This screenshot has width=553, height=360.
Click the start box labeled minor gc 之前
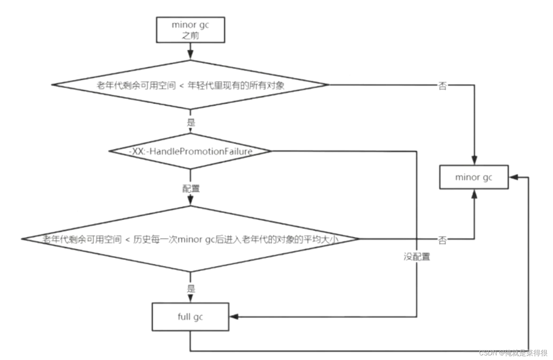190,30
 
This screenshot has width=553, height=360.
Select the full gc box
190,316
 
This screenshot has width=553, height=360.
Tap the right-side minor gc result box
473,177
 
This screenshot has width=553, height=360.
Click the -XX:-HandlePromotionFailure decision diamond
190,151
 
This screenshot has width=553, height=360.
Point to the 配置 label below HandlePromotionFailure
191,188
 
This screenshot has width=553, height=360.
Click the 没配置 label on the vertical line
417,257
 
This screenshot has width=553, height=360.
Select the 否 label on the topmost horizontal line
442,86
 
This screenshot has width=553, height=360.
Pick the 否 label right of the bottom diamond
442,240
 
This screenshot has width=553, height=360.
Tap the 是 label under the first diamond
191,123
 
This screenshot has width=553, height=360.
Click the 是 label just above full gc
191,288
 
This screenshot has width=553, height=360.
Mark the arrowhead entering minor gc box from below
474,194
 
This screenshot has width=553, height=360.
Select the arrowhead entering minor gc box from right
513,177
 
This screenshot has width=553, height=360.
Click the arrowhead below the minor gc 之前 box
190,54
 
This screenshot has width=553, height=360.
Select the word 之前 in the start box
190,35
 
